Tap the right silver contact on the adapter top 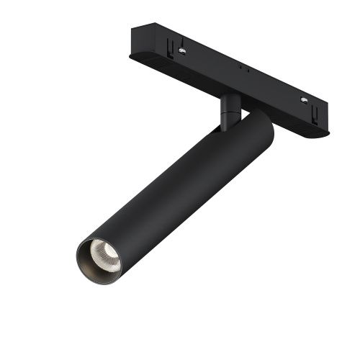(306, 99)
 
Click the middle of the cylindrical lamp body (173, 187)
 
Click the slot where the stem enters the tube (220, 130)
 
